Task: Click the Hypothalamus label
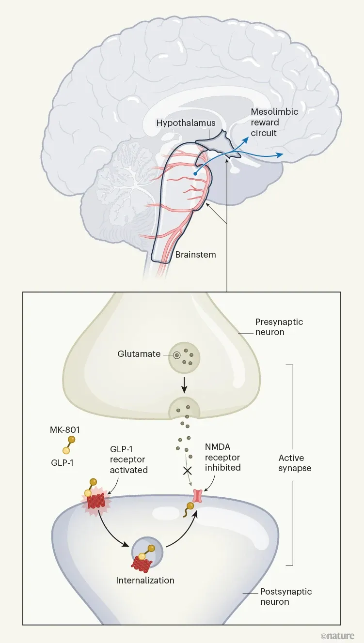coord(186,123)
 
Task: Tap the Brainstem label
coord(196,254)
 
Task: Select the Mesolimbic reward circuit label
coord(274,122)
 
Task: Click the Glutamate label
coord(139,354)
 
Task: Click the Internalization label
coord(145,580)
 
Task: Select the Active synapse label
coord(295,463)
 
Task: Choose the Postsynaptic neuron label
coord(286,597)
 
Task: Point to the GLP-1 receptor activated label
coord(127,459)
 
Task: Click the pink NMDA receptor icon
coord(198,495)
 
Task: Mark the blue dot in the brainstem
coord(195,173)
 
